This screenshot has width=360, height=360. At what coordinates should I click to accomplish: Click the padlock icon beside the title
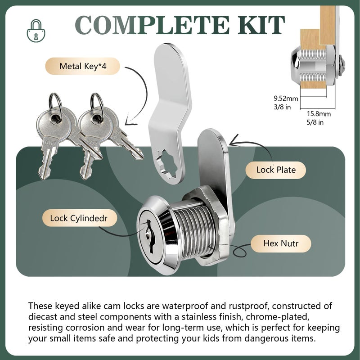click(x=36, y=31)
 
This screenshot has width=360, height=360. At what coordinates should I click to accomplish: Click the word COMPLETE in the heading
click(x=152, y=25)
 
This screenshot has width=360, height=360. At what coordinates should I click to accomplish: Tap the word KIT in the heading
click(x=261, y=25)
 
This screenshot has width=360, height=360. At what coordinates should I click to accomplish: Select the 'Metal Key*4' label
click(x=83, y=66)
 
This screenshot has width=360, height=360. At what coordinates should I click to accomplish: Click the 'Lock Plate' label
click(x=276, y=170)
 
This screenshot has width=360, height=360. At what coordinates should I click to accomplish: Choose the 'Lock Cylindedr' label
click(x=80, y=218)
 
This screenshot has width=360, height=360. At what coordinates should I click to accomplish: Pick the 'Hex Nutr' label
click(x=281, y=243)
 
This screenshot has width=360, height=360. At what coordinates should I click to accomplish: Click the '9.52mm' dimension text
click(x=286, y=99)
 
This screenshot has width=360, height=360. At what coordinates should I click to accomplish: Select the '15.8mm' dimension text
click(x=319, y=114)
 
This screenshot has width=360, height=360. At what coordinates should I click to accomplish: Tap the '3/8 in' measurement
click(x=282, y=107)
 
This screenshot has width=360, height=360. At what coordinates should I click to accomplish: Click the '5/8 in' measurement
click(x=315, y=122)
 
